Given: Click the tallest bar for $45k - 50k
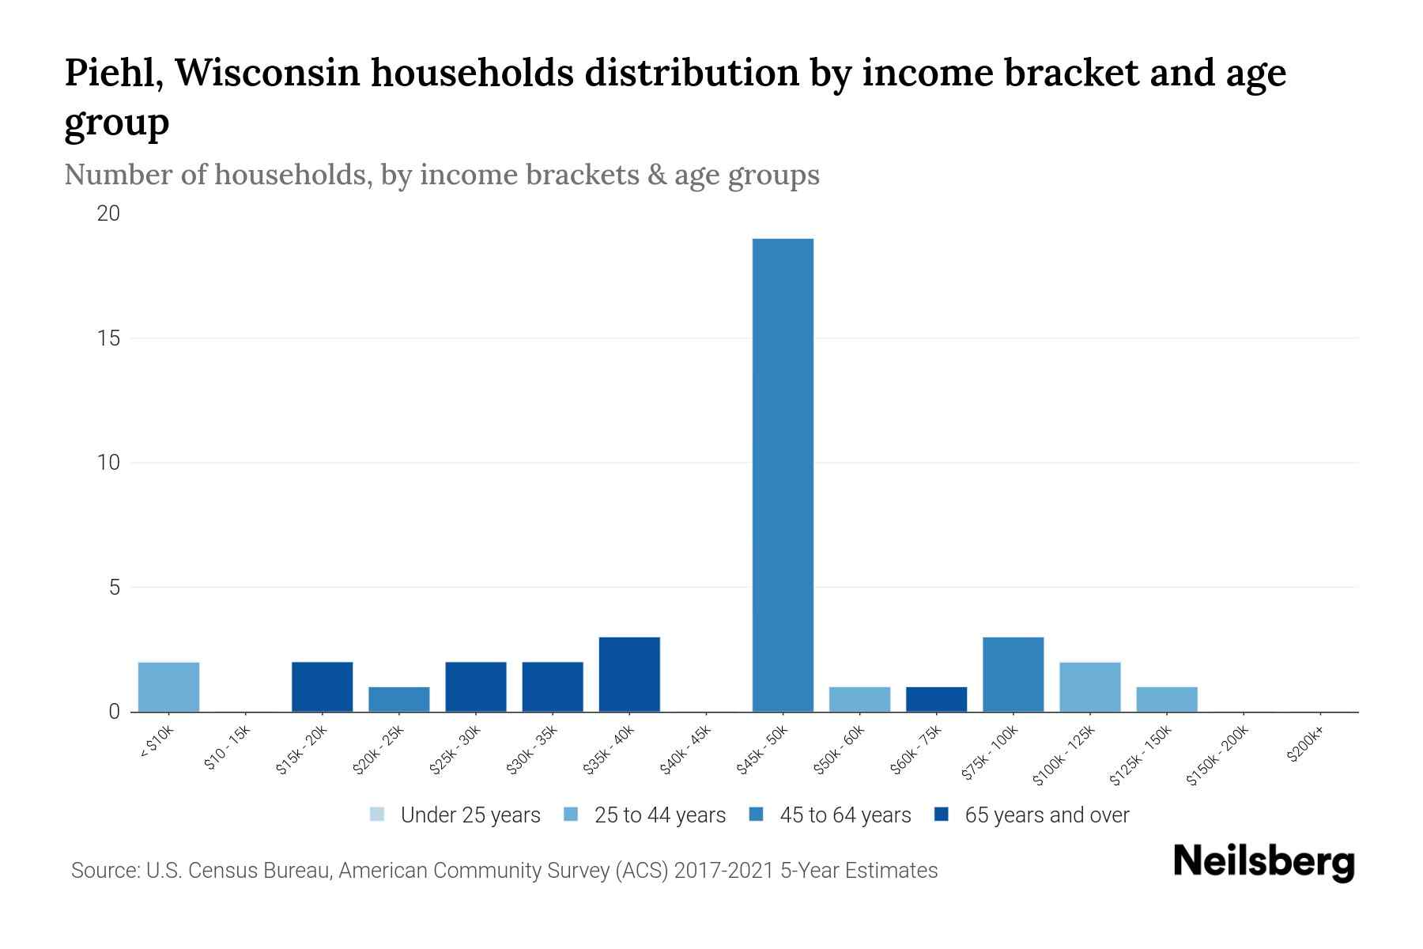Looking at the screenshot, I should [x=783, y=475].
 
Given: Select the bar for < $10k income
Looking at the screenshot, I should [x=168, y=686].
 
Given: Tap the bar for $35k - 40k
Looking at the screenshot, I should [x=629, y=674].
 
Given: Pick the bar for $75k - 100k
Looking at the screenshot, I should [x=1013, y=674].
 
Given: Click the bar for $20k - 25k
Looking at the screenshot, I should [x=399, y=699].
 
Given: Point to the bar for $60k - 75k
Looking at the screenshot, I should [x=936, y=699].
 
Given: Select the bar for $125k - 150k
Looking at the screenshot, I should [x=1167, y=699].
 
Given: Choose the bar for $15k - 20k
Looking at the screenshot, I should [x=323, y=686].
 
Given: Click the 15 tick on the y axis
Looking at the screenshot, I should [x=109, y=338].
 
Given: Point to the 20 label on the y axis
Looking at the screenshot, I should [x=109, y=214].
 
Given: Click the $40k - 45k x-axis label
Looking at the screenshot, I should [x=685, y=751].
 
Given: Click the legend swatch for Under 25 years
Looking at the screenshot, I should [x=377, y=815].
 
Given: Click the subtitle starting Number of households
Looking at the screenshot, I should [x=442, y=175].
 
